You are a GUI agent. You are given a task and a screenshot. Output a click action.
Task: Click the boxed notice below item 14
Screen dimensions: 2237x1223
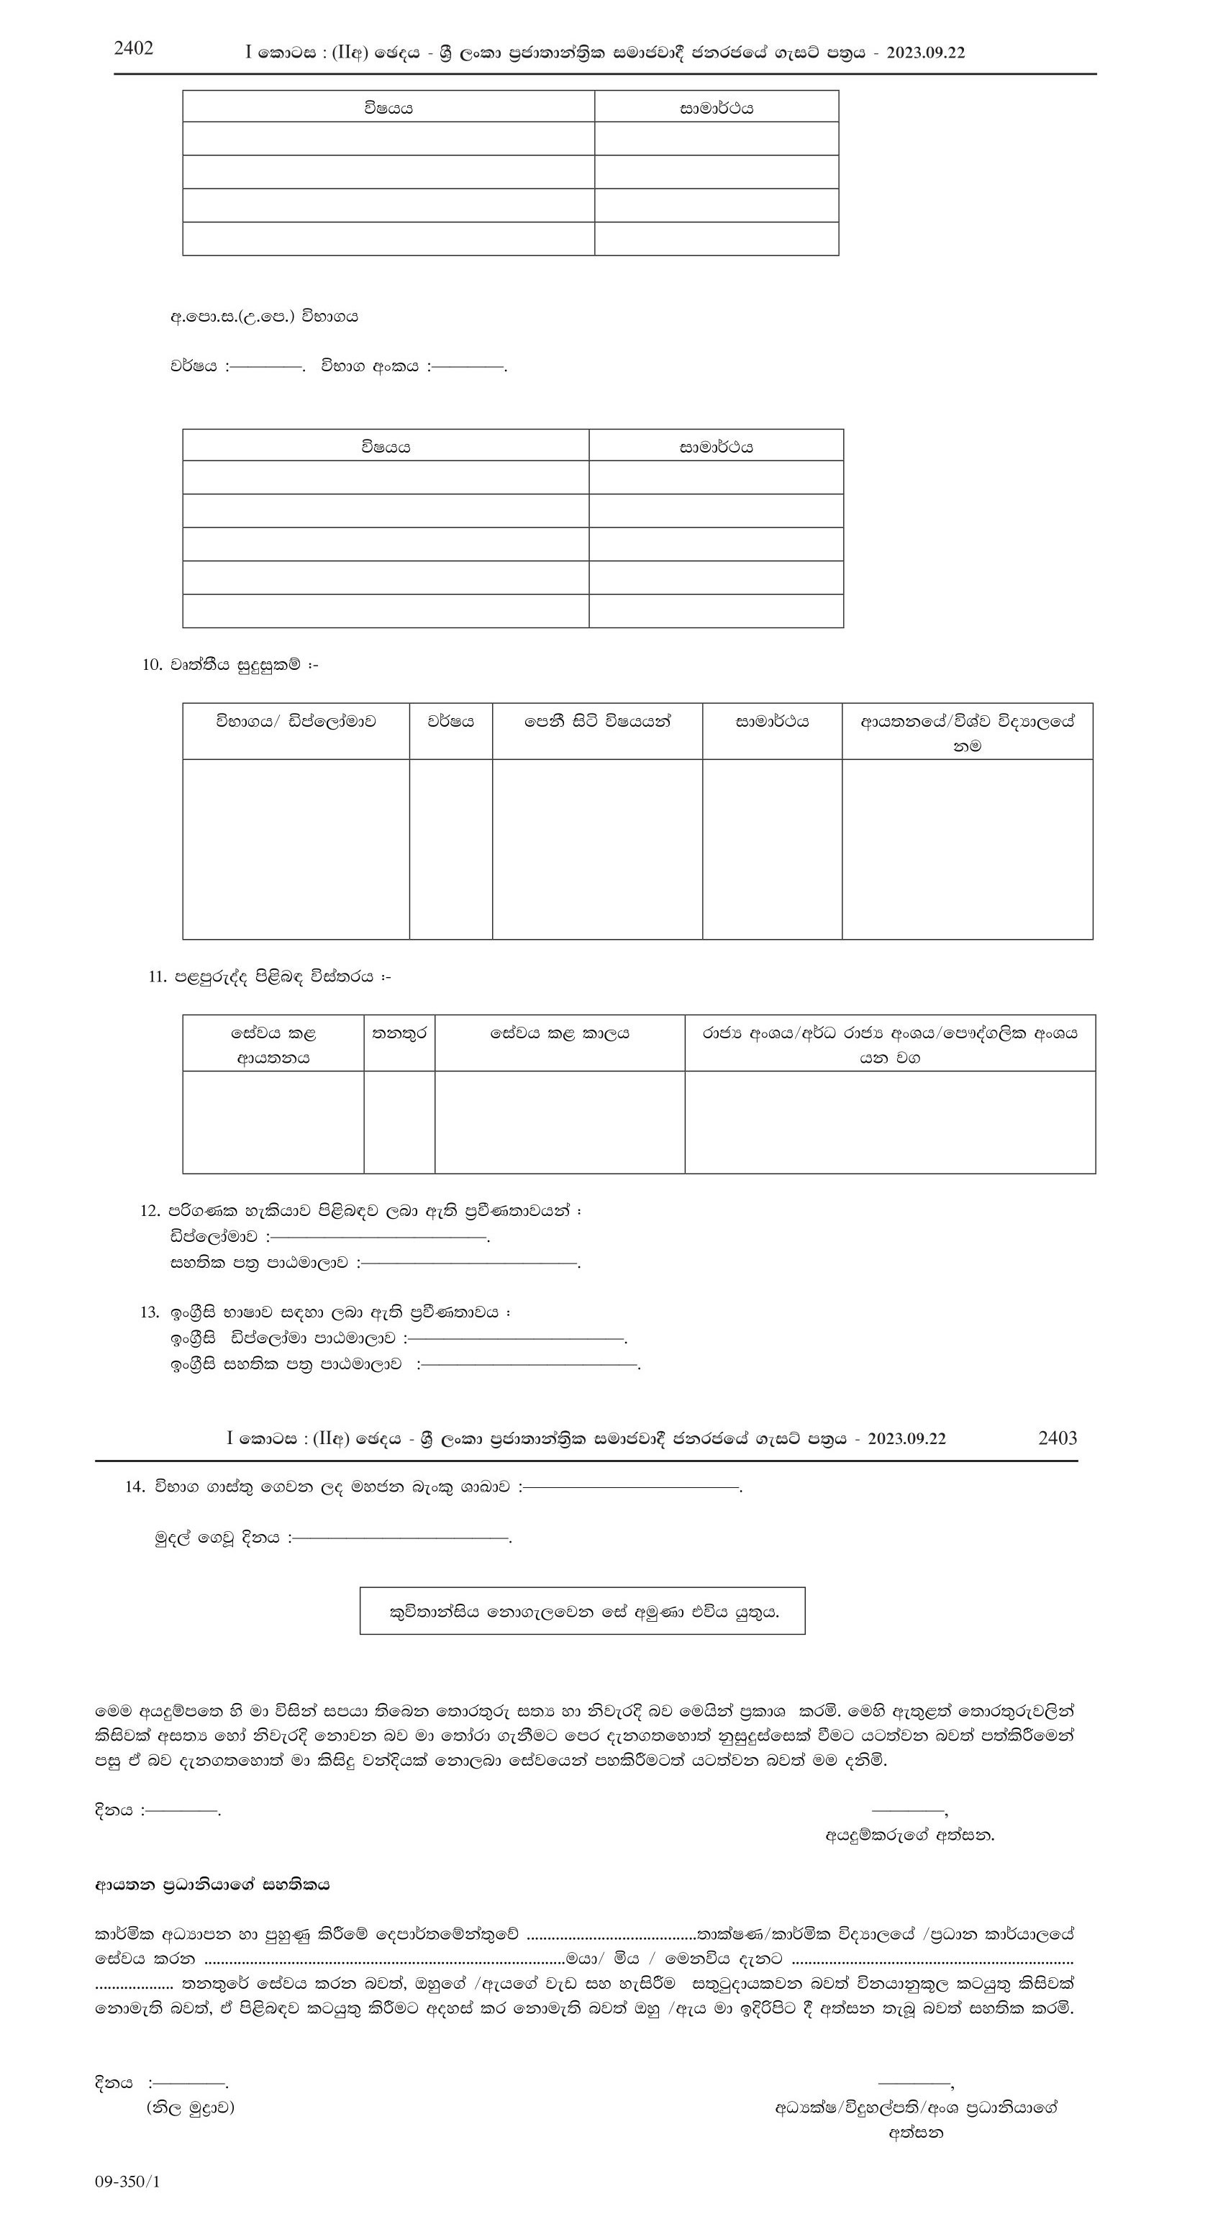[583, 1611]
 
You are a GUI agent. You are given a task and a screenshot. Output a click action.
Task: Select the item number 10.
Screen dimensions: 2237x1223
[152, 665]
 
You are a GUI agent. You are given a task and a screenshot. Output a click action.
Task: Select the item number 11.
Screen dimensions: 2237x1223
[157, 977]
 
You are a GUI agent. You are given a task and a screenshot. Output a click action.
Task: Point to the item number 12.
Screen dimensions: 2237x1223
[150, 1210]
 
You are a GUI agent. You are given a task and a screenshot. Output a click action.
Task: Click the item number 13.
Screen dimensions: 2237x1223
[150, 1312]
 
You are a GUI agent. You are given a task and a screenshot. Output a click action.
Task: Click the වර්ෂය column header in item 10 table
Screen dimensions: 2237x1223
[450, 722]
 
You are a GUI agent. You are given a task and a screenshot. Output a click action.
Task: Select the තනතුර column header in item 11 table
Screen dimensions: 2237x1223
[399, 1033]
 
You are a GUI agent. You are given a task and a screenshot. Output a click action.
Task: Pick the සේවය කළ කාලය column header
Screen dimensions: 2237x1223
[559, 1033]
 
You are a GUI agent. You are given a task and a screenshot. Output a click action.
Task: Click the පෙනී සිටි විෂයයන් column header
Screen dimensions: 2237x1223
[597, 722]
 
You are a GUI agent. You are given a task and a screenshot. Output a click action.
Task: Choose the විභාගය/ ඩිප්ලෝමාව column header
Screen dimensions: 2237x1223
[296, 722]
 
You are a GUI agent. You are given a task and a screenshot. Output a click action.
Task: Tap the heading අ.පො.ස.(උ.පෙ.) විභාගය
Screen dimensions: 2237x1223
[264, 317]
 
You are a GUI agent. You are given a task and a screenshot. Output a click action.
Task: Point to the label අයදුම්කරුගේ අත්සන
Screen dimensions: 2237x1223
[909, 1836]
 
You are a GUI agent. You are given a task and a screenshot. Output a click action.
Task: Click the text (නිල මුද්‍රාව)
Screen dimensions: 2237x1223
[190, 2107]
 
